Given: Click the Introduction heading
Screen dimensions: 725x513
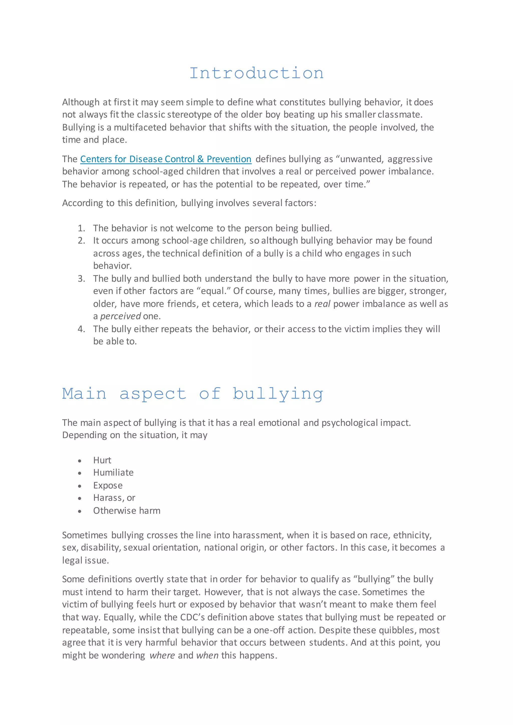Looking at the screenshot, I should pos(256,73).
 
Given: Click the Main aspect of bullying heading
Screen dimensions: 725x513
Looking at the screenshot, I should pos(193,394).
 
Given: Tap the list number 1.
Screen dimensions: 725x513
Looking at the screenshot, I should pos(81,228).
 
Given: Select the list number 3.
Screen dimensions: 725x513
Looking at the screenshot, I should pos(81,278).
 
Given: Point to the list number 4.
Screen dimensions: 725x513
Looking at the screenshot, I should pos(81,329).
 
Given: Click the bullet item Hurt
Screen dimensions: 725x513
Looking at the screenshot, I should pos(102,460).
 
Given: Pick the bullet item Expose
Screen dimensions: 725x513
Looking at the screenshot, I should pos(108,485).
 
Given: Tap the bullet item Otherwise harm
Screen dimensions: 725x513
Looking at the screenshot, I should pos(127,511).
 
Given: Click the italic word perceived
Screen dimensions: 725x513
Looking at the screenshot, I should pos(120,316).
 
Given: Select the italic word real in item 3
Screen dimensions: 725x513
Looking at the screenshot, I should pos(322,304).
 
